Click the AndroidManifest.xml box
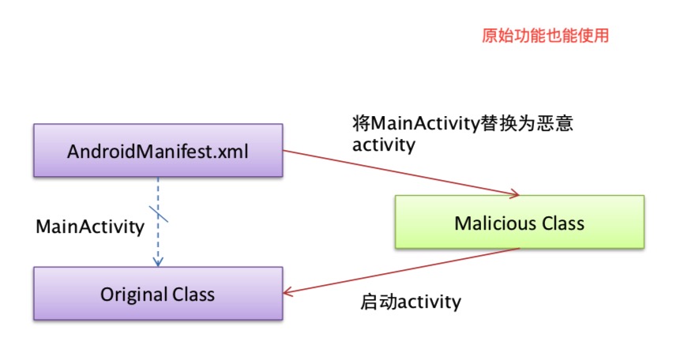(157, 150)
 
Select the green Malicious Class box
(519, 223)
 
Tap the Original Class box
(157, 294)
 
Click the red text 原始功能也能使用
(545, 36)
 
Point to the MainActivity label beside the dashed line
(90, 227)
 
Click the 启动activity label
(410, 302)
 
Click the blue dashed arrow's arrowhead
(157, 260)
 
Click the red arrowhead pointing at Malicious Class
(514, 193)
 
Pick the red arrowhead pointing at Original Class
(288, 293)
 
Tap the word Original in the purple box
(132, 294)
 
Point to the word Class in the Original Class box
(192, 294)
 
